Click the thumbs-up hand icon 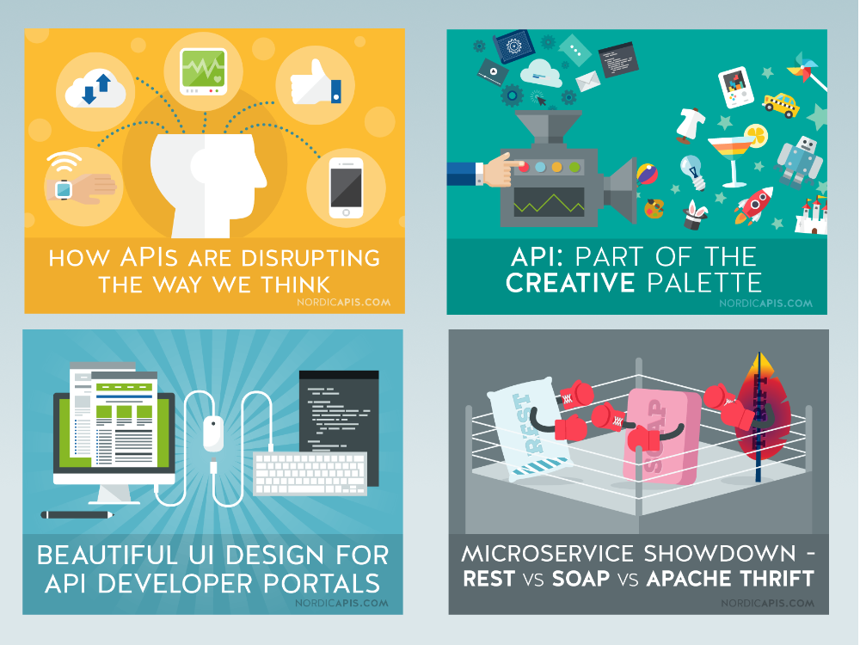click(x=315, y=84)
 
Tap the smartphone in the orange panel click(x=346, y=187)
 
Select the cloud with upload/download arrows click(x=95, y=91)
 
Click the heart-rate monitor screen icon click(x=204, y=71)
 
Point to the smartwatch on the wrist click(x=64, y=190)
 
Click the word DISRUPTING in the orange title click(x=310, y=258)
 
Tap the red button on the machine click(x=523, y=167)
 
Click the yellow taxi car click(x=781, y=104)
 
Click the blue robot click(x=800, y=161)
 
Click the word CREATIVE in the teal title click(x=570, y=283)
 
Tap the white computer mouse click(x=213, y=433)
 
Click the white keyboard click(x=310, y=473)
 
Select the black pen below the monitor click(x=77, y=515)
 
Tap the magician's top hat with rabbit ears click(x=695, y=216)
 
